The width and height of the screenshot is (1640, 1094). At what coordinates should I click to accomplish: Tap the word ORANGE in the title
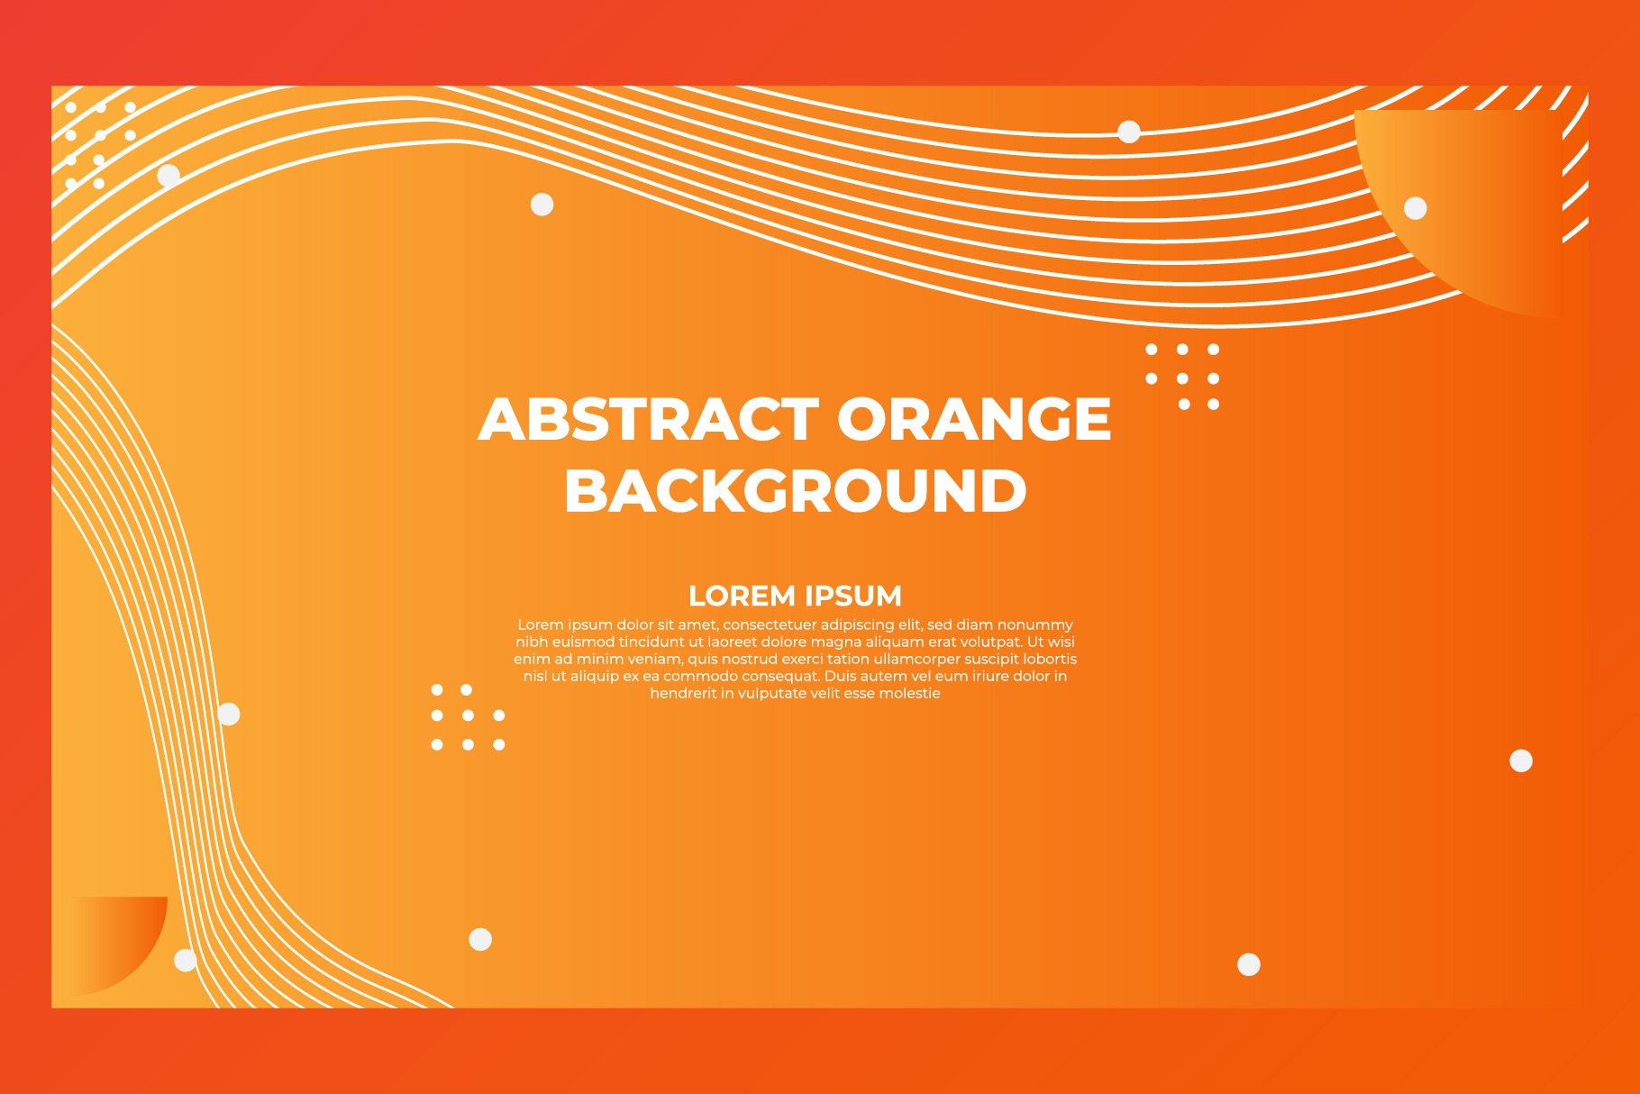pos(974,419)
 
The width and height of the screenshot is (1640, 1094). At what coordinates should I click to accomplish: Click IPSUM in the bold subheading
pos(853,596)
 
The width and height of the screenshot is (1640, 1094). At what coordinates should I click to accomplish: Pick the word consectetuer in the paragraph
pos(769,624)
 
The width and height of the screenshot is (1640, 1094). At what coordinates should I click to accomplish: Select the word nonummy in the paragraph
pos(1035,625)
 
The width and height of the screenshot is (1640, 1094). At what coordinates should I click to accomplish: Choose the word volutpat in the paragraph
pos(989,643)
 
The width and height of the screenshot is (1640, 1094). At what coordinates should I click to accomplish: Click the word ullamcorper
pos(917,660)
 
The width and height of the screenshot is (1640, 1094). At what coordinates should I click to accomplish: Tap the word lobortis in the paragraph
pos(1050,659)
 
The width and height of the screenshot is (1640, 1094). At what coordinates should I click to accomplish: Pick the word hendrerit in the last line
pos(683,693)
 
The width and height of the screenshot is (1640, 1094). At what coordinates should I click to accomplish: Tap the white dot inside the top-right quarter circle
pos(1416,208)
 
